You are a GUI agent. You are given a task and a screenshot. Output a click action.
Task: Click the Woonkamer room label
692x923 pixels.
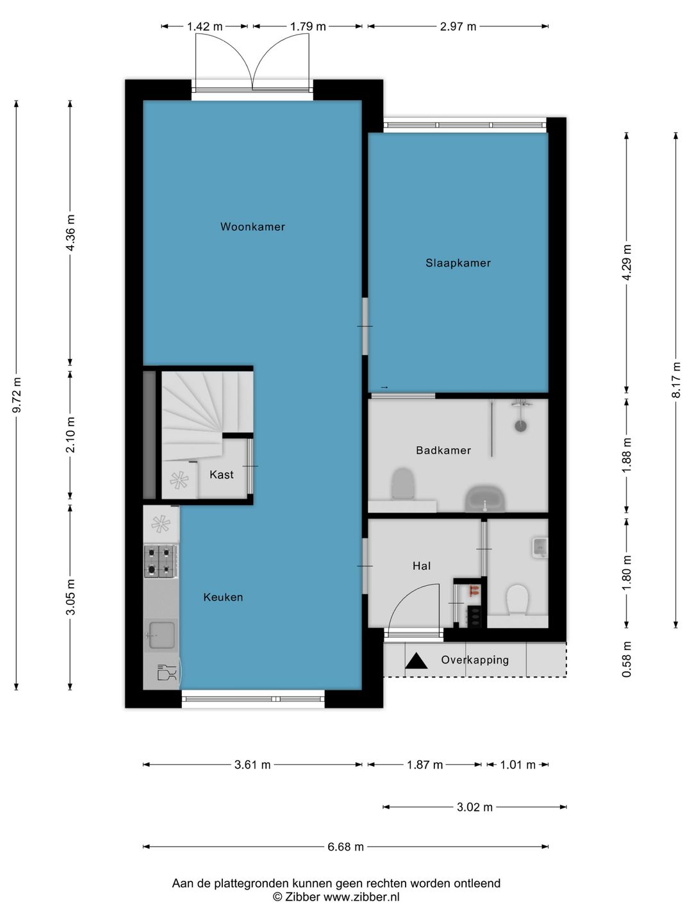point(252,227)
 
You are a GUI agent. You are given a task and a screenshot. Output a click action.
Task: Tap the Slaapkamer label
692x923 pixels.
point(458,263)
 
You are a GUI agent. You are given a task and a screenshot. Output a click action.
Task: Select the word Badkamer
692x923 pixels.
point(443,451)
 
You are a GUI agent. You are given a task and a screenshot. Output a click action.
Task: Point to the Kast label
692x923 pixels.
point(222,474)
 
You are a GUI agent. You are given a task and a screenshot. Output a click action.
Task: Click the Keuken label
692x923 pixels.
point(223,597)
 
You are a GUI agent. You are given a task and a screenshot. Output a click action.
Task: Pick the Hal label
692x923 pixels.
point(422,565)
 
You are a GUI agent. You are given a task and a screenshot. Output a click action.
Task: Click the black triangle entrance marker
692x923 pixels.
point(416,661)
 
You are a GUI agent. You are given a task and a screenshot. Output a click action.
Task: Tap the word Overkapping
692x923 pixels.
point(475,660)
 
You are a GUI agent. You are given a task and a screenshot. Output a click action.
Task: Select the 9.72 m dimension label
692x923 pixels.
point(17,395)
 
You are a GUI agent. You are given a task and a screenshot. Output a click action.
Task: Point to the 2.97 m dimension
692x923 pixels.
point(458,27)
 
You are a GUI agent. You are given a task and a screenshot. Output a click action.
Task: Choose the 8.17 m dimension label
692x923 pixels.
point(676,379)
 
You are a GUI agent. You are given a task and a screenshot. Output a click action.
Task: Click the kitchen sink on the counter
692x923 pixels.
point(161,635)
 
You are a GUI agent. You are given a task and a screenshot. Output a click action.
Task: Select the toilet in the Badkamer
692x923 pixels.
point(403,484)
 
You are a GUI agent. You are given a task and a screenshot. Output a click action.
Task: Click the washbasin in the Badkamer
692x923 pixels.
point(484,499)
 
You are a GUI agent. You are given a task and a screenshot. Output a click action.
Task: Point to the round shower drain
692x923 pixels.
point(520,426)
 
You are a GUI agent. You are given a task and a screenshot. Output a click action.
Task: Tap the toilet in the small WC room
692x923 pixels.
point(517,600)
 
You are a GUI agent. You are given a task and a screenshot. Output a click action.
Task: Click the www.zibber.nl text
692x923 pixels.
point(361,897)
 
